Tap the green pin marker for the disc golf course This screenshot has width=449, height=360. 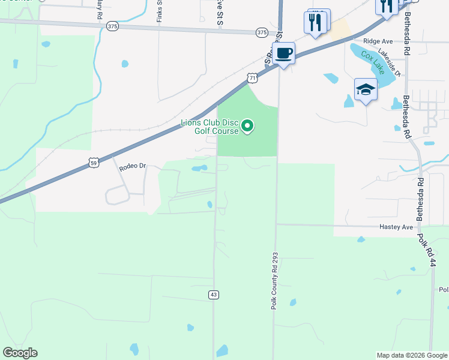(247, 127)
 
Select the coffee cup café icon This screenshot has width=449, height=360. (283, 54)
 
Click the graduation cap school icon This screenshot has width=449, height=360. (365, 89)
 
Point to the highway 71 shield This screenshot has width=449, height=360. (253, 79)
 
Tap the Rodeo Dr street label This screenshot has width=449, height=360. (133, 166)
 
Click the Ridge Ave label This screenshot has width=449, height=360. (377, 41)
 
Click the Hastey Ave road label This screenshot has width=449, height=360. (396, 227)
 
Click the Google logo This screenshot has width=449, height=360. (20, 353)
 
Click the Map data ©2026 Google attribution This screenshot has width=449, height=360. (412, 355)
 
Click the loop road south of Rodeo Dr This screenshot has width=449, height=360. (117, 194)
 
